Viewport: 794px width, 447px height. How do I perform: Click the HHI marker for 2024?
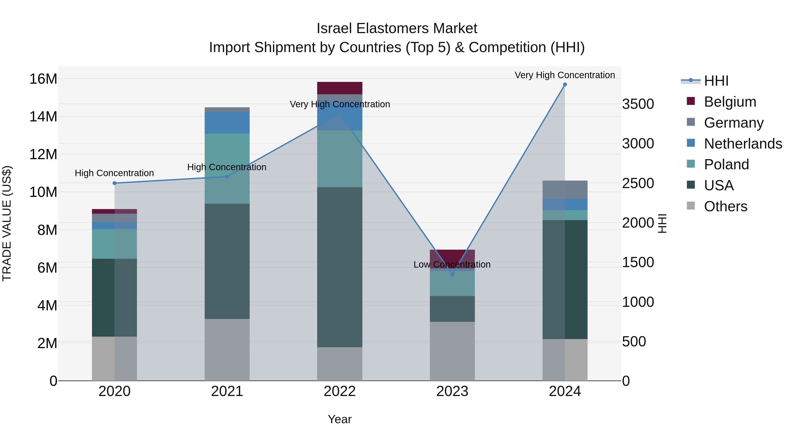565,85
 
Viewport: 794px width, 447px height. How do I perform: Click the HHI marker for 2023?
452,274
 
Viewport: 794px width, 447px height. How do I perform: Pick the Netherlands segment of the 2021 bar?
227,123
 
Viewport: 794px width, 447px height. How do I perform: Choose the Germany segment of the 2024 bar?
565,190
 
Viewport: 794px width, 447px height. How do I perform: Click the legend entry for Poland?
726,164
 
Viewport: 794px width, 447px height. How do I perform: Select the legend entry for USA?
719,185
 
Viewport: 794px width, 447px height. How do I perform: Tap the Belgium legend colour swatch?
691,101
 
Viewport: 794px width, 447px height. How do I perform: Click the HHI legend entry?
716,81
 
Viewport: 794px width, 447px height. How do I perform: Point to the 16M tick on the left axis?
43,79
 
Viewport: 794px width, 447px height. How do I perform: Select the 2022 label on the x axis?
340,391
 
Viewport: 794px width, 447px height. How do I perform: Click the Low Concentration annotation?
452,264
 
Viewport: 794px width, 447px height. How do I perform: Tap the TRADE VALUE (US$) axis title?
7,223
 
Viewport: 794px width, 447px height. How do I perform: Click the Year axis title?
340,419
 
